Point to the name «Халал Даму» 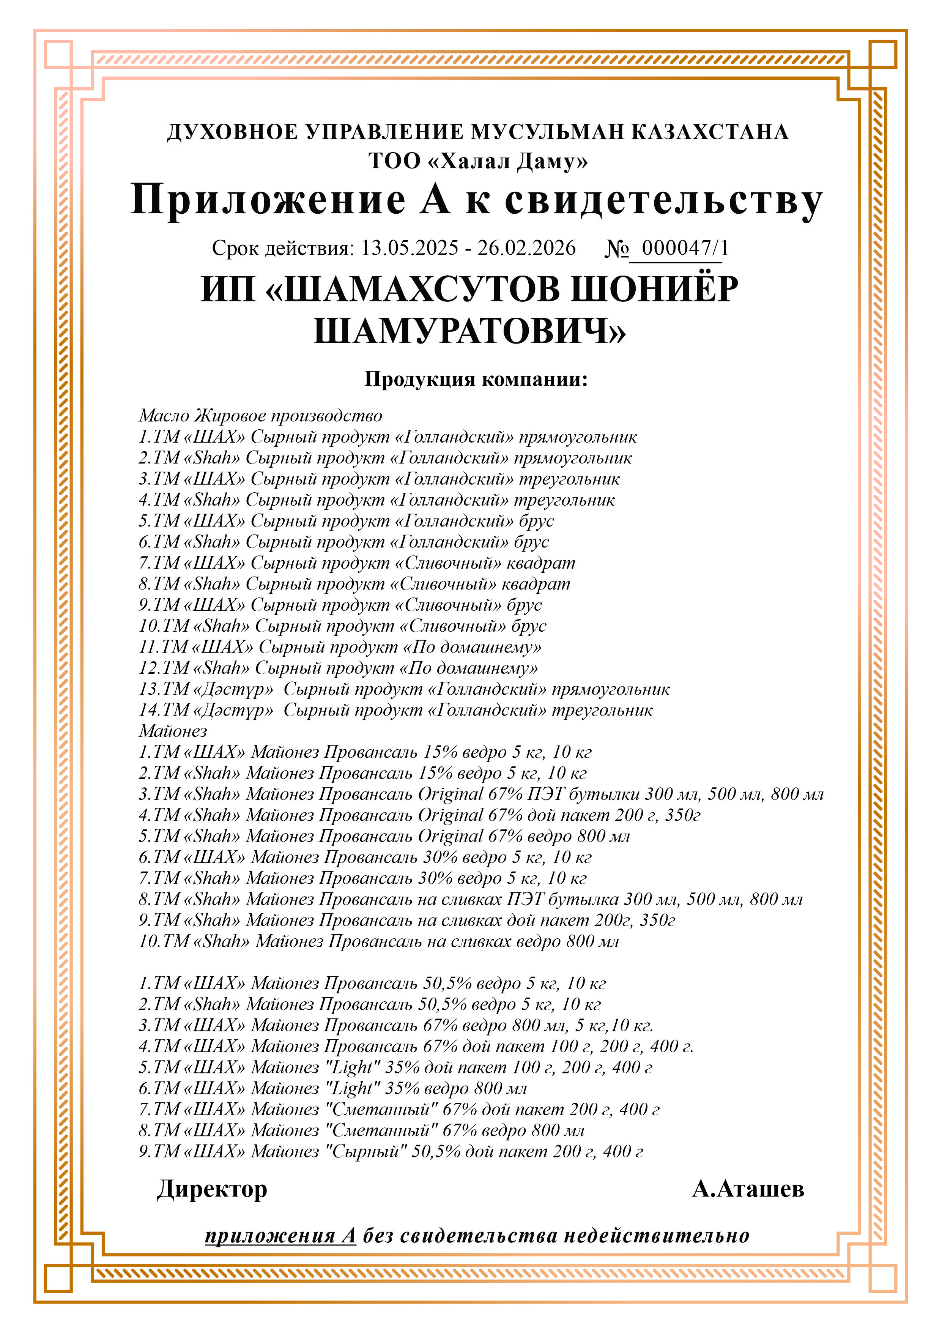pos(507,161)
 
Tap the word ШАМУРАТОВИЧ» pos(470,331)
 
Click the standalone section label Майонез pos(173,731)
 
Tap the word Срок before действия pos(235,248)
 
